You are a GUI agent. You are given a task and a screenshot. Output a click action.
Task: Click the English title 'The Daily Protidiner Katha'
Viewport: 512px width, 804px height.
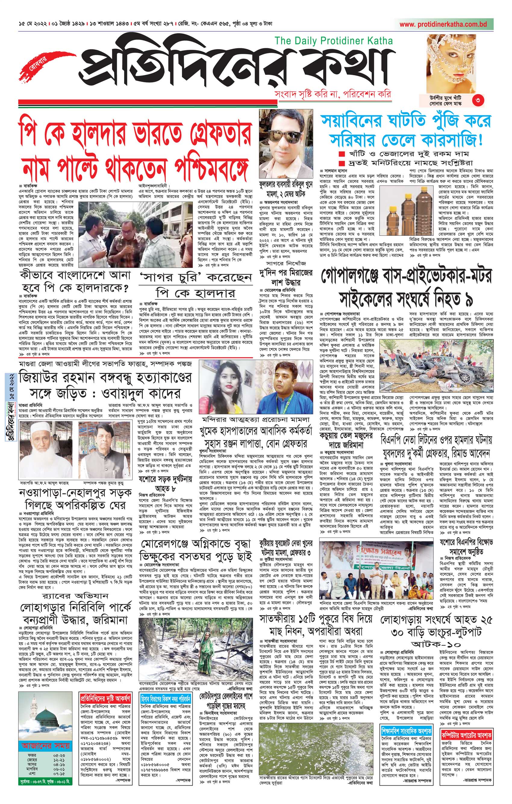(x=333, y=41)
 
